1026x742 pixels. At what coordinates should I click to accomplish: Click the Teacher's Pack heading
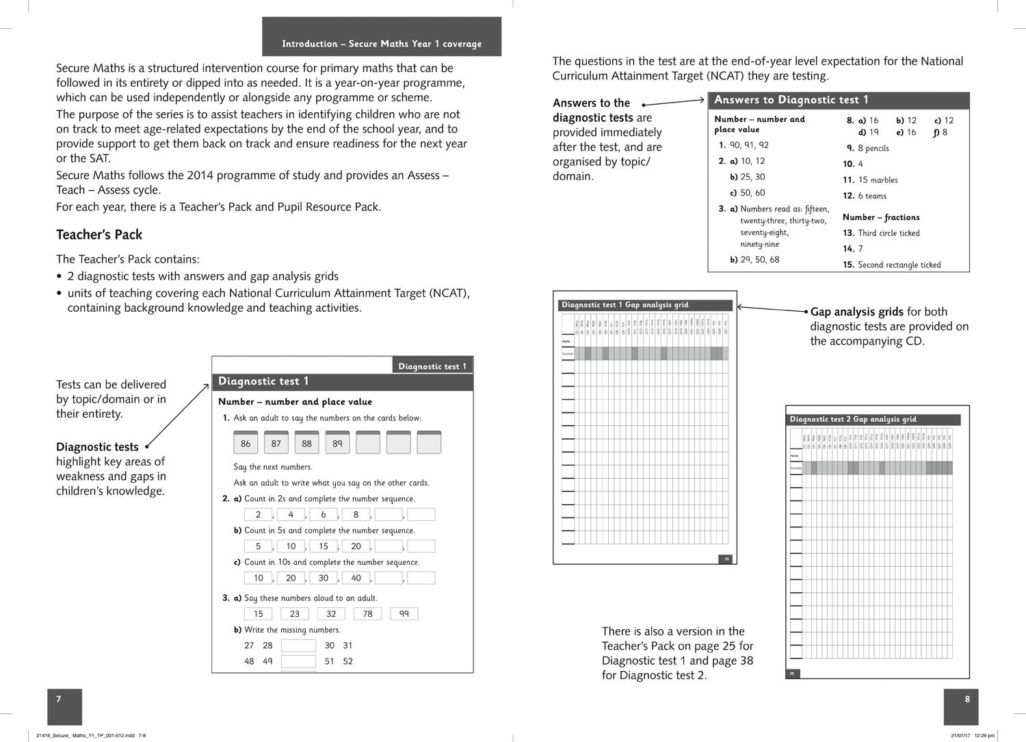[x=99, y=235]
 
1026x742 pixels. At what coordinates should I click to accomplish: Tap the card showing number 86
[x=246, y=443]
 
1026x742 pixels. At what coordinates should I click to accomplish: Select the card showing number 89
[x=337, y=443]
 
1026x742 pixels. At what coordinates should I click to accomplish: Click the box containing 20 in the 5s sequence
[x=356, y=546]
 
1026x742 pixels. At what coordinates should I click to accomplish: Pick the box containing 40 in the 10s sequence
[x=356, y=578]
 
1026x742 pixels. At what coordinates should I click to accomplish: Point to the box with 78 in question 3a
[x=367, y=613]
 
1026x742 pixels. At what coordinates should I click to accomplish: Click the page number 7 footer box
[x=64, y=706]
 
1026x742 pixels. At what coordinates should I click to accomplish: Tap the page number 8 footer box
[x=961, y=706]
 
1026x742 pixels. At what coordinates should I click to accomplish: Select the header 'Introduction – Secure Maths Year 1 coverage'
[x=382, y=44]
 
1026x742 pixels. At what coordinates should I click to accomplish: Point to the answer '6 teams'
[x=872, y=196]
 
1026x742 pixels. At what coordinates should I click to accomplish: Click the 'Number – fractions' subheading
[x=881, y=217]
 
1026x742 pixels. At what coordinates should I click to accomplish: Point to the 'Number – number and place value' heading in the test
[x=295, y=401]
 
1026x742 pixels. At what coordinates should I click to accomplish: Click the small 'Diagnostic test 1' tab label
[x=432, y=366]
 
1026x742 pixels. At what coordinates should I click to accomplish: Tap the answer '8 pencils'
[x=873, y=148]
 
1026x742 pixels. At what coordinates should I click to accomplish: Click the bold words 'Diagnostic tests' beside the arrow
[x=97, y=447]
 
